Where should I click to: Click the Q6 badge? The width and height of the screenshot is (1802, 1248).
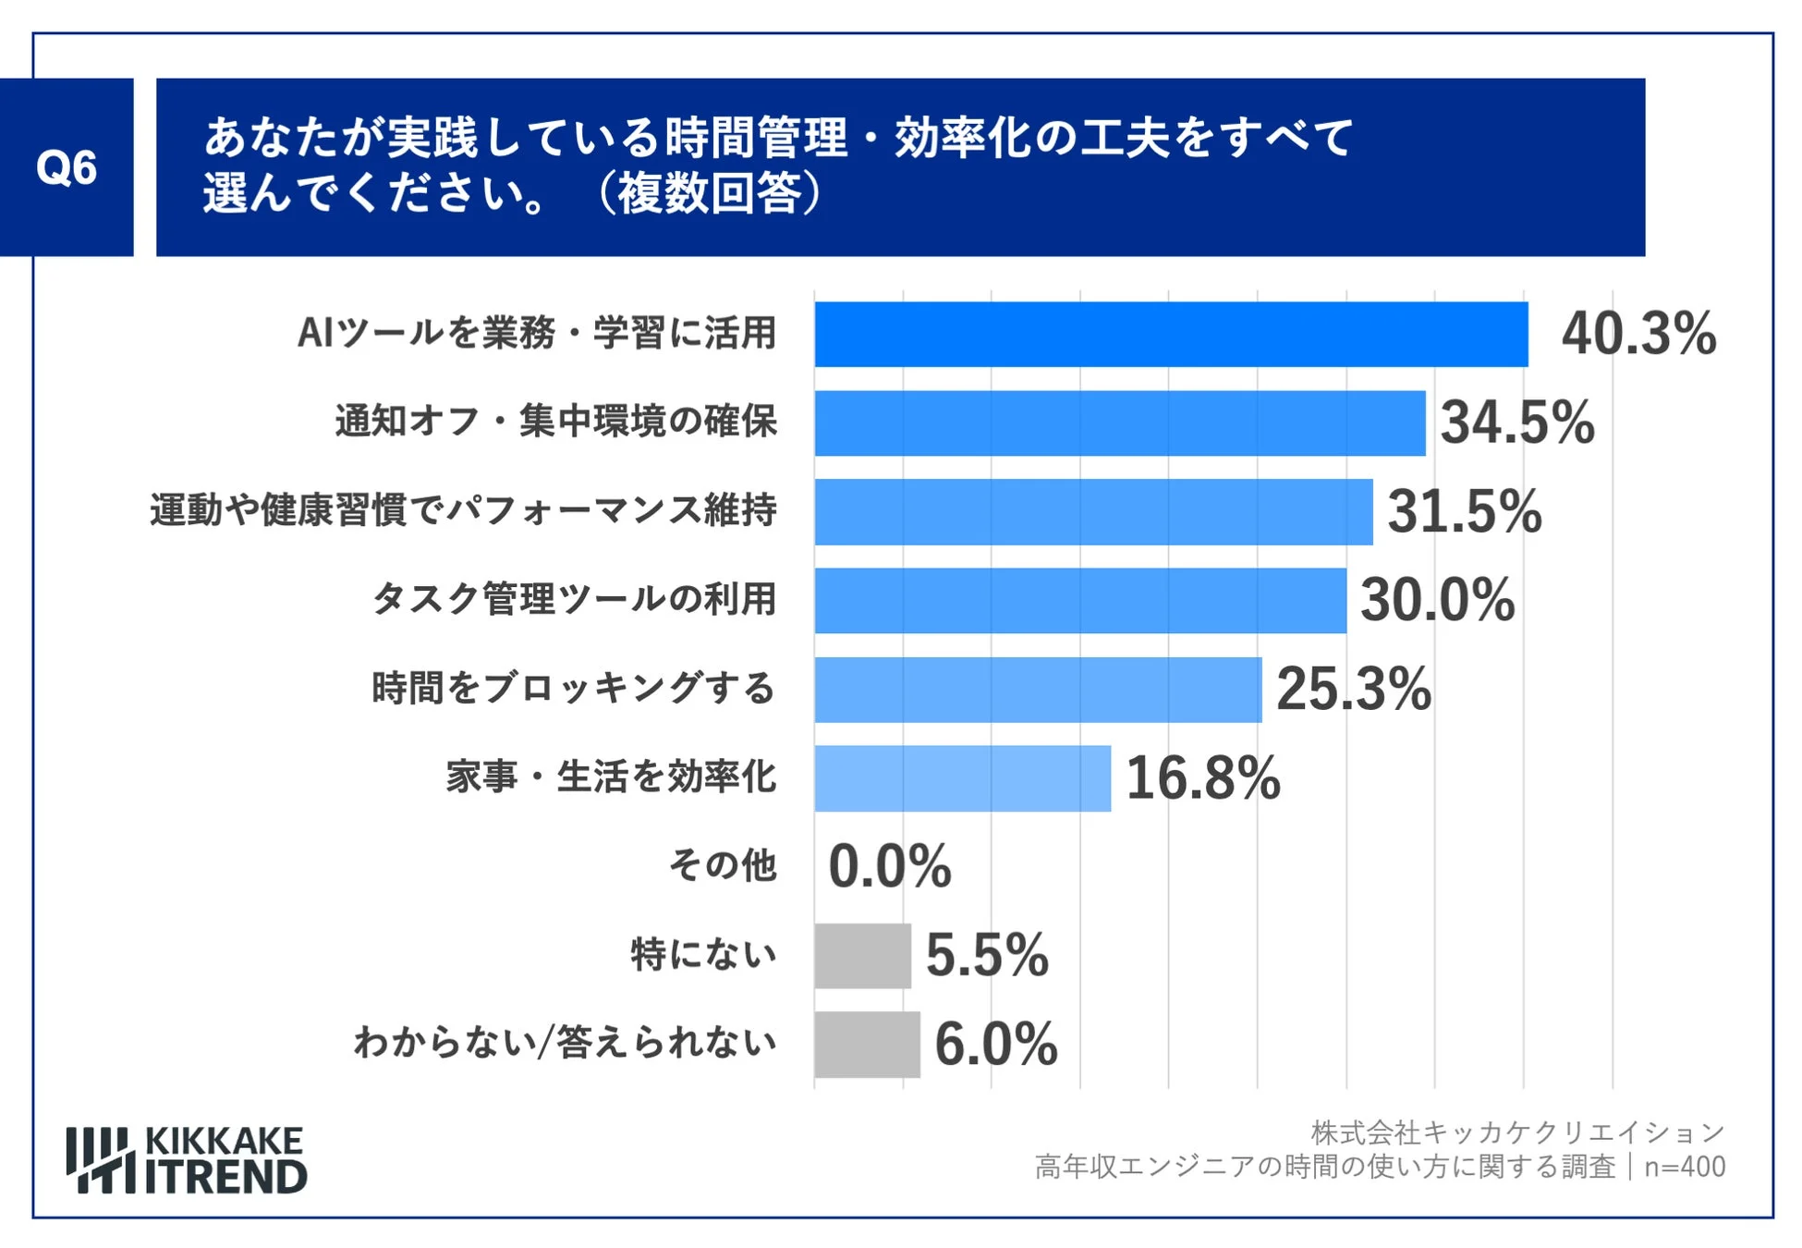(x=67, y=167)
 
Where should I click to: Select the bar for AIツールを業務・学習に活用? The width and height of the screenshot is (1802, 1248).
(x=1170, y=335)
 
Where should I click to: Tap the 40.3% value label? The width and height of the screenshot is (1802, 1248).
(x=1638, y=334)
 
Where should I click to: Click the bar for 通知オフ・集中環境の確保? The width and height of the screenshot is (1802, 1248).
(x=1119, y=423)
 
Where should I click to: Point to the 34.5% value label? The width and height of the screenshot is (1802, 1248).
(x=1516, y=422)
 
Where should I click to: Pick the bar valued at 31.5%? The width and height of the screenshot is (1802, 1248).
(x=1093, y=512)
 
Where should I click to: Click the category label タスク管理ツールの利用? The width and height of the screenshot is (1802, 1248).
(x=574, y=599)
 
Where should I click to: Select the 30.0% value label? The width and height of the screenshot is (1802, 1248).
(x=1437, y=600)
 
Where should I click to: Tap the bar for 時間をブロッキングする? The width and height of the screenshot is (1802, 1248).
(x=1037, y=690)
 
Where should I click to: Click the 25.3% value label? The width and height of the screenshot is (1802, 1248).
(x=1353, y=689)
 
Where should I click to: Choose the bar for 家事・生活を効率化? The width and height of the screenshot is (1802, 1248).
(x=962, y=778)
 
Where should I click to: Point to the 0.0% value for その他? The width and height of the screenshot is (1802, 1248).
(x=889, y=867)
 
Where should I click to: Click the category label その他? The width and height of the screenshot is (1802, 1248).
(x=723, y=865)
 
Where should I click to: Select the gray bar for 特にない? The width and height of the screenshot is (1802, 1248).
(x=862, y=956)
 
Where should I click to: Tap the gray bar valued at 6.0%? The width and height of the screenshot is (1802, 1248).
(x=867, y=1045)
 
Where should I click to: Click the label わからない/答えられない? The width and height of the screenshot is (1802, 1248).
(x=565, y=1043)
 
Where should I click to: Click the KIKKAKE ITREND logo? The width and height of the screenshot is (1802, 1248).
(x=186, y=1160)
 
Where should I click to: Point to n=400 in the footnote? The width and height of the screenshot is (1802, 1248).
(x=1684, y=1167)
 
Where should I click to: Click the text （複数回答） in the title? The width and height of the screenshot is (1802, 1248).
(x=710, y=194)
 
